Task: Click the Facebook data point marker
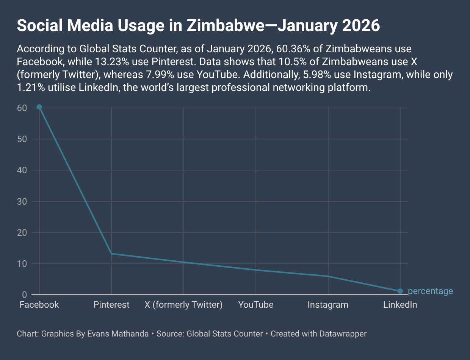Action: (39, 107)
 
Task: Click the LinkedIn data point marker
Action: (400, 291)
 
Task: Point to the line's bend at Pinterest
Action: (111, 254)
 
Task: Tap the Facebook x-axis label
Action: (39, 305)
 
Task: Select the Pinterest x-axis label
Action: (111, 305)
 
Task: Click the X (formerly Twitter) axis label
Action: (183, 305)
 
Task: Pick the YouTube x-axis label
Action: (256, 305)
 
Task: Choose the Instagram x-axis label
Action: (328, 305)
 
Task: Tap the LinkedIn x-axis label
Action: (400, 305)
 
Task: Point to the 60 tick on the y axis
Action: (22, 108)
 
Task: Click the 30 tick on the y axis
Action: (22, 202)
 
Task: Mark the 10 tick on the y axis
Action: (22, 264)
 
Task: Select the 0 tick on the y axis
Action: (24, 295)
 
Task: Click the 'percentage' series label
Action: (430, 291)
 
